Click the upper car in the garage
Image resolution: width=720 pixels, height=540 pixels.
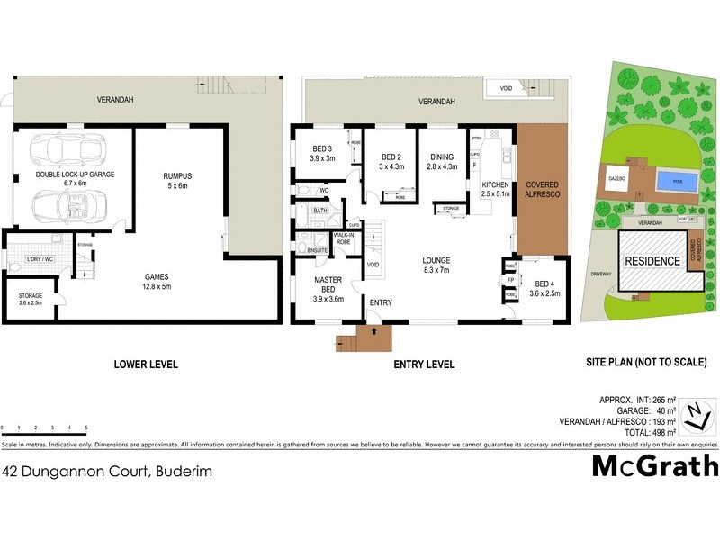[63, 150]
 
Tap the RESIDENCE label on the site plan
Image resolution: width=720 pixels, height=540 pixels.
[652, 260]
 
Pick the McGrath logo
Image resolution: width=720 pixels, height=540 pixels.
[654, 465]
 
